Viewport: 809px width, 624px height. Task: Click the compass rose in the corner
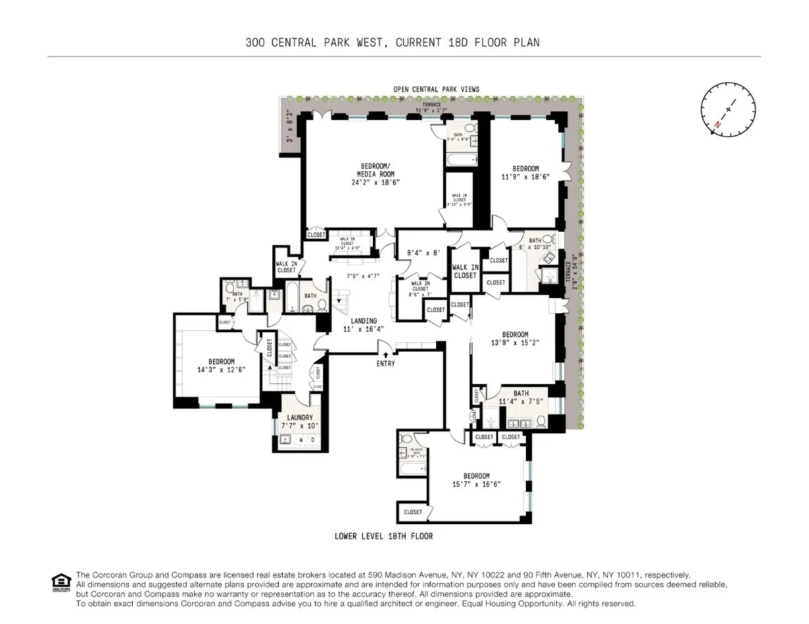728,109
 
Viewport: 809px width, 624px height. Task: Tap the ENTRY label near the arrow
385,364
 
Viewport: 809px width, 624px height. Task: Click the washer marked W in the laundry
301,440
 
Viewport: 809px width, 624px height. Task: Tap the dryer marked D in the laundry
312,440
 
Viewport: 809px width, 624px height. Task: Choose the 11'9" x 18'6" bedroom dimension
525,177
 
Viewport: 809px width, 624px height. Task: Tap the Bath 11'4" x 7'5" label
520,398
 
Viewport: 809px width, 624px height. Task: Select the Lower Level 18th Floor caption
384,536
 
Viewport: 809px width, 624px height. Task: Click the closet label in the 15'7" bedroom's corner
413,512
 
